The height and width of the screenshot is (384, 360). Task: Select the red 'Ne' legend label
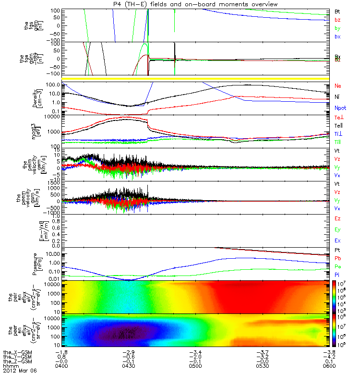337,86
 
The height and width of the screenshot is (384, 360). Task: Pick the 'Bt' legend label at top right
337,11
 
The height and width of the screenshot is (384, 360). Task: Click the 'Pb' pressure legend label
337,259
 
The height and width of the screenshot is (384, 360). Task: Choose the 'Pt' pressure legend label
337,251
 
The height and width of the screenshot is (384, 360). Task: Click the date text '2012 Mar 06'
20,371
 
